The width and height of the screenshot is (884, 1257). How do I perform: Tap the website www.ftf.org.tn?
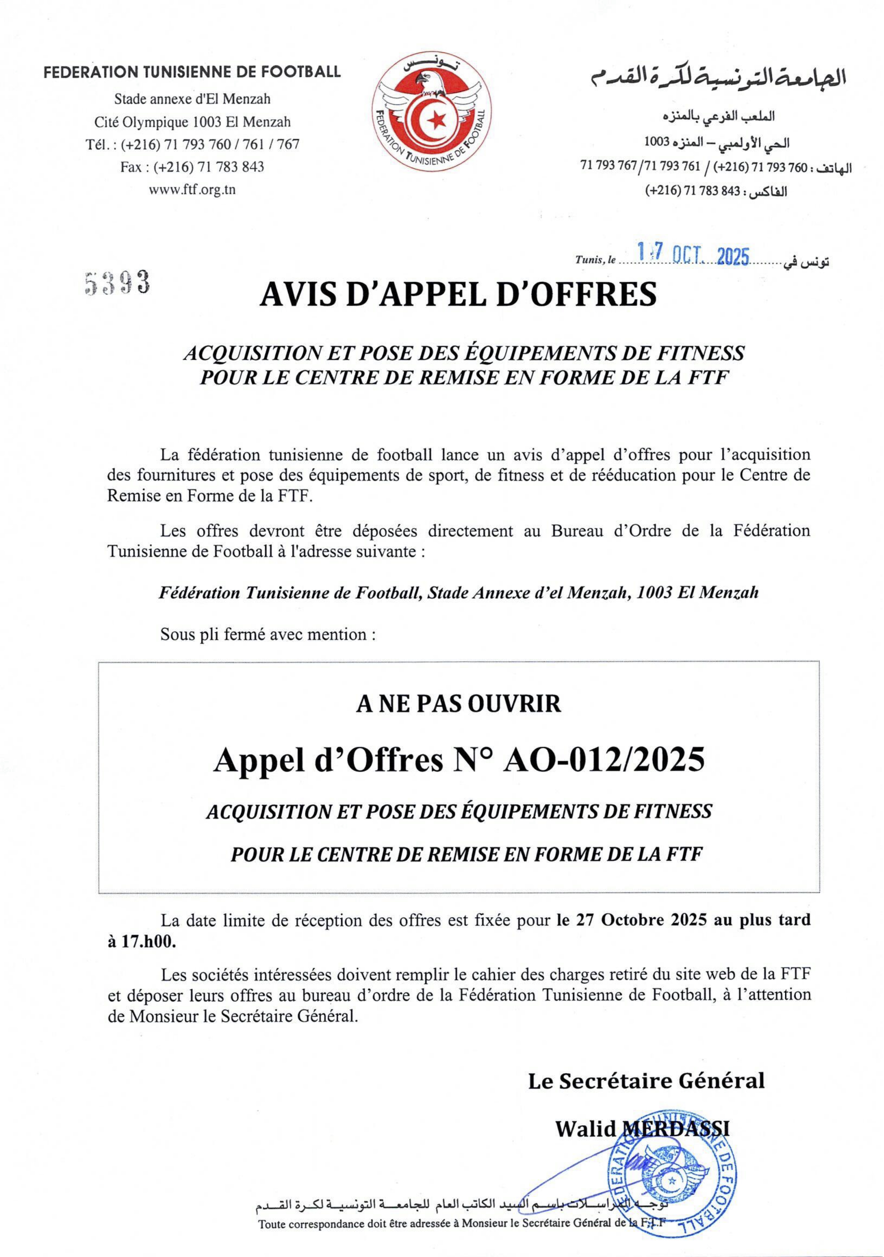(x=192, y=190)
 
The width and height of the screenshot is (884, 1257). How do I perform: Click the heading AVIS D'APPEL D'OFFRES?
(x=458, y=295)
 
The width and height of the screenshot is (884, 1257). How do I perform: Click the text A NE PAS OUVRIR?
(x=458, y=704)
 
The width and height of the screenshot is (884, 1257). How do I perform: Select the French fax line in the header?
(x=192, y=167)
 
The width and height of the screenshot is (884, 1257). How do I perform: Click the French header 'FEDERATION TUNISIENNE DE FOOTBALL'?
(x=192, y=72)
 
